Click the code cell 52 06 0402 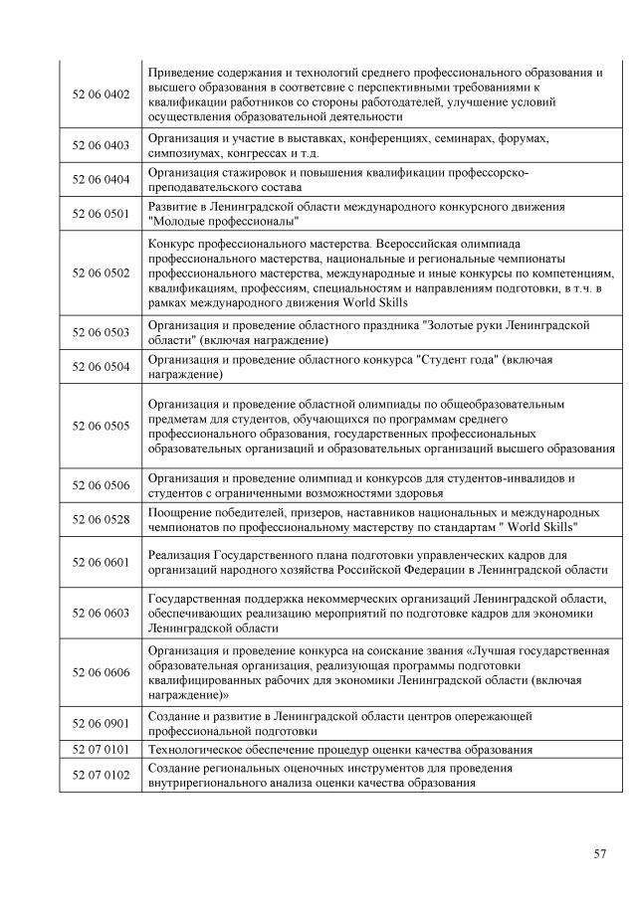tap(102, 93)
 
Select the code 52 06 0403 tap(102, 145)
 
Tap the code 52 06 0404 tap(102, 180)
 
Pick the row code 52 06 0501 tap(102, 214)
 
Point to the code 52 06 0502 tap(102, 271)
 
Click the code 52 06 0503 tap(102, 331)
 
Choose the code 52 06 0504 tap(102, 366)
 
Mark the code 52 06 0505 tap(102, 426)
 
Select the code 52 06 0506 tap(102, 485)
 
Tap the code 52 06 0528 tap(102, 519)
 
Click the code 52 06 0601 tap(102, 562)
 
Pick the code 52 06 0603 tap(102, 613)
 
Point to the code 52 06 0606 tap(102, 672)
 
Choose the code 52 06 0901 tap(102, 723)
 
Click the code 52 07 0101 tap(102, 749)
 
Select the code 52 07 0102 tap(102, 775)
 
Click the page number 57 tap(599, 852)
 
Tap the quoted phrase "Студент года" tap(457, 358)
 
